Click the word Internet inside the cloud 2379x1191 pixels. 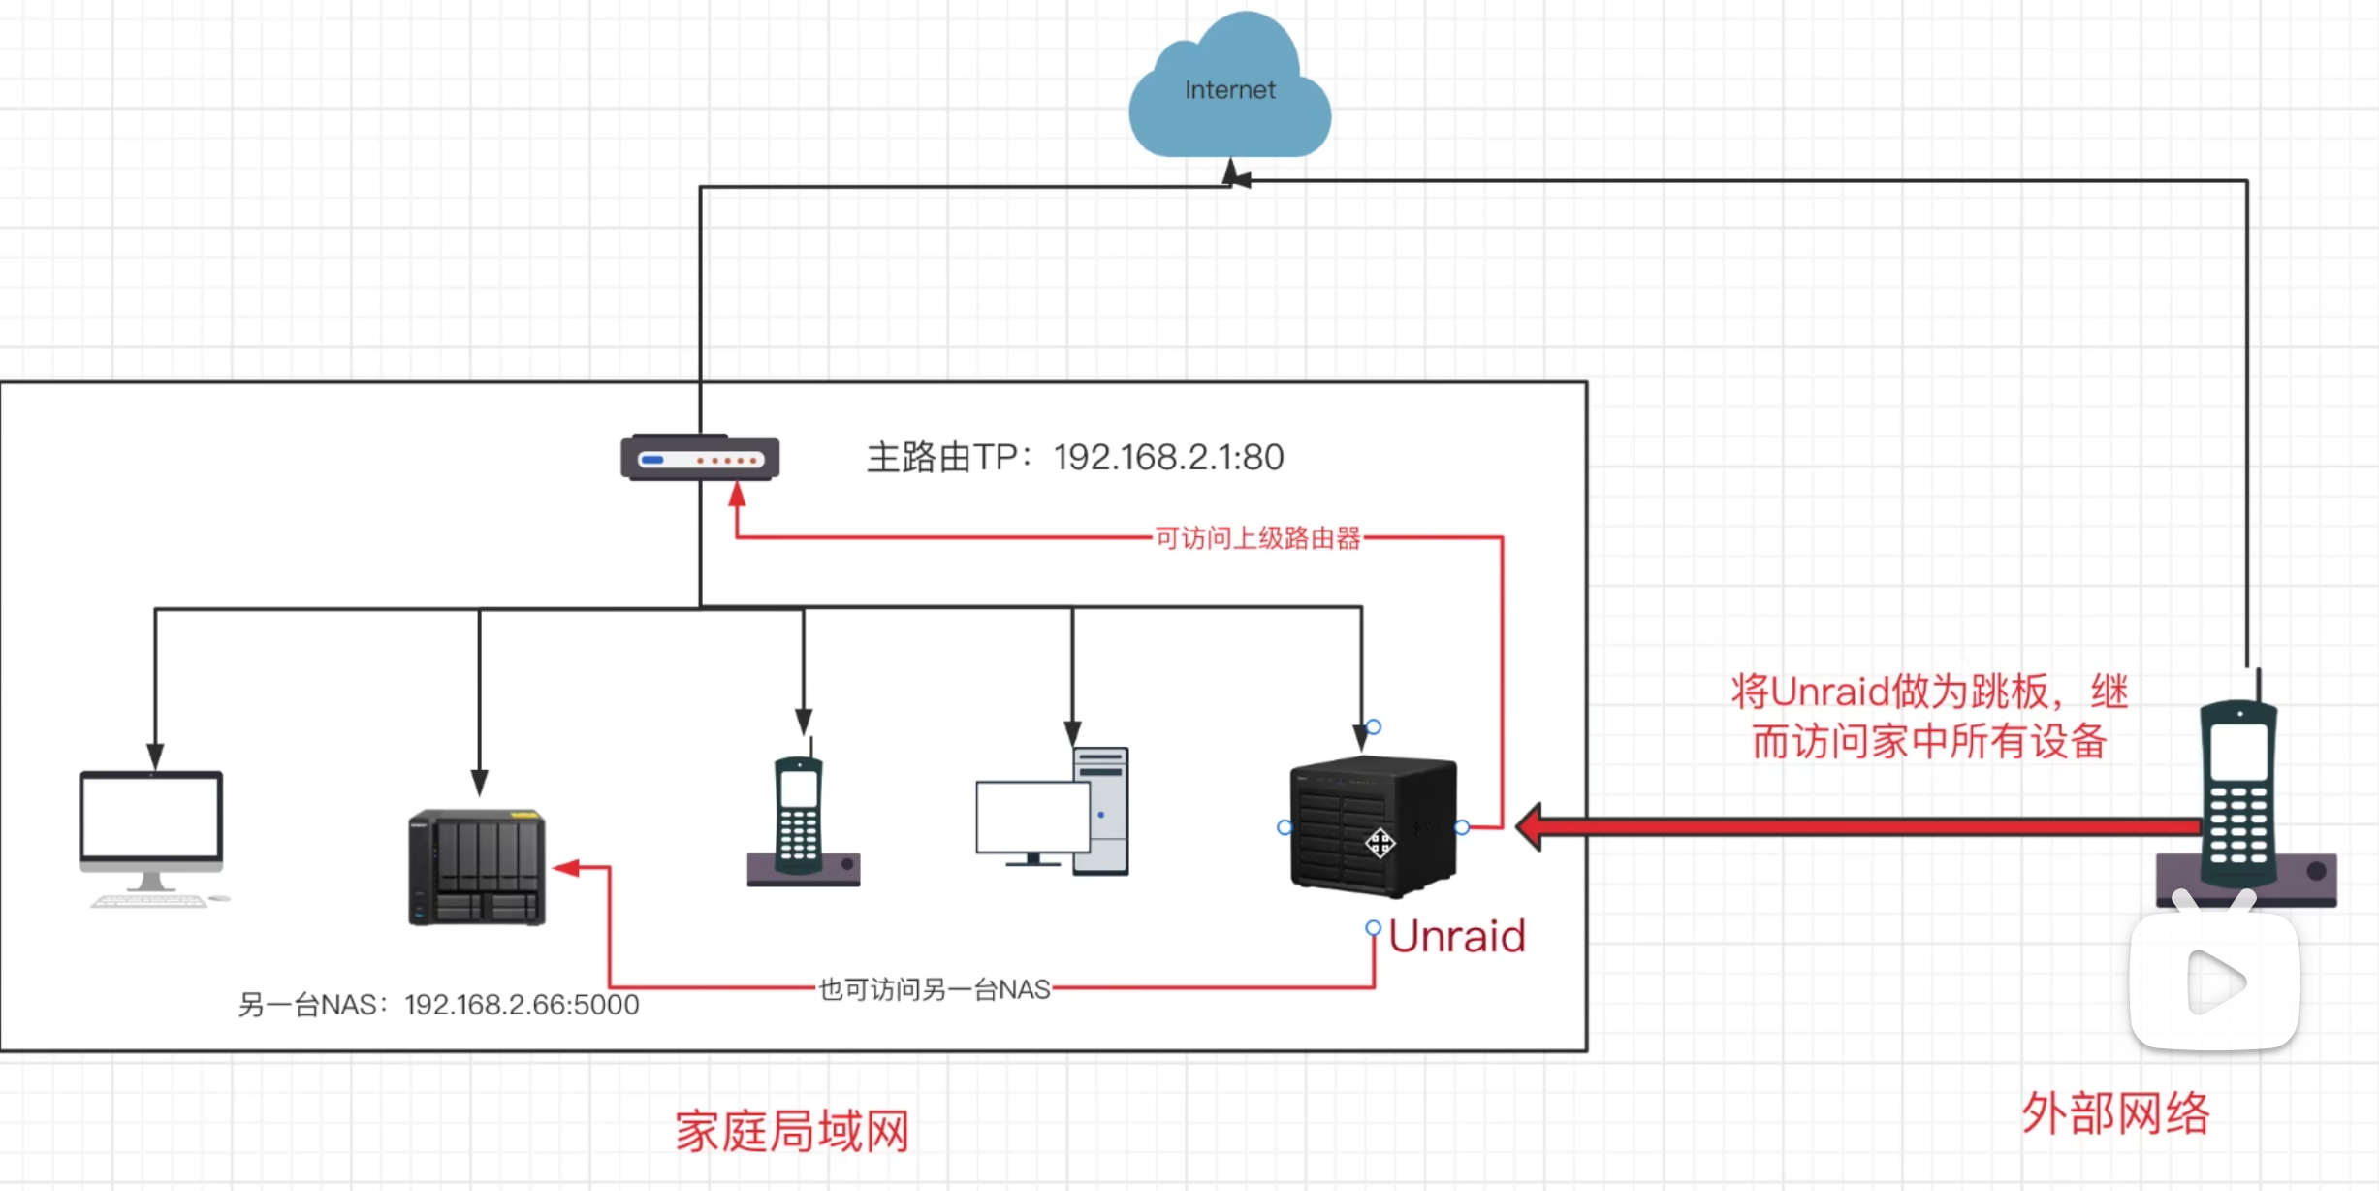click(1229, 90)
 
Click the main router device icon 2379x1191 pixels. click(700, 458)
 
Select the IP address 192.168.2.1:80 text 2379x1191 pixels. click(1168, 457)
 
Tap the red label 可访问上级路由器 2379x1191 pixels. click(1257, 538)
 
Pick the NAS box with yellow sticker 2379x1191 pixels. click(477, 867)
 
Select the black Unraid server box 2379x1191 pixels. click(1373, 826)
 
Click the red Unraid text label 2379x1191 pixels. click(1456, 937)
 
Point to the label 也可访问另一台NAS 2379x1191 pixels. click(935, 989)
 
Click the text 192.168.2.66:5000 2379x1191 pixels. click(522, 1005)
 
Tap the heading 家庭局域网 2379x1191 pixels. click(792, 1132)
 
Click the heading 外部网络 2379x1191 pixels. click(2115, 1112)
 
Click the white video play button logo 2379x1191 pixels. click(2214, 982)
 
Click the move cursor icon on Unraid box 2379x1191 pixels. click(1380, 843)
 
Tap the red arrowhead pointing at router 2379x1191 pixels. click(737, 495)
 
